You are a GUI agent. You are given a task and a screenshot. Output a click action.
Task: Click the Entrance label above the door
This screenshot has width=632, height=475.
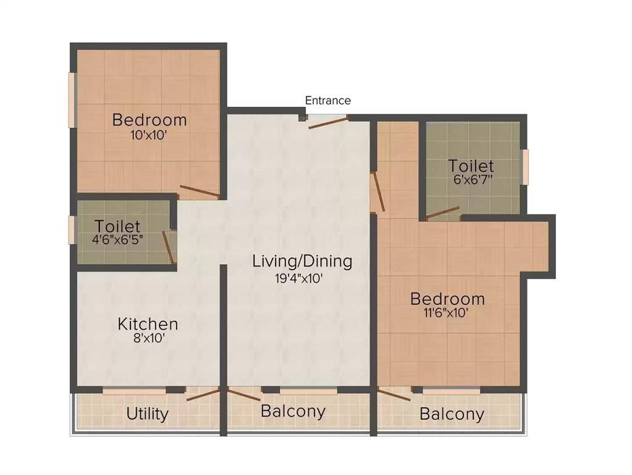(327, 100)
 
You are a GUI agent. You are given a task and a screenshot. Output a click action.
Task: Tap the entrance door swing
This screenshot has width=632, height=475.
(328, 121)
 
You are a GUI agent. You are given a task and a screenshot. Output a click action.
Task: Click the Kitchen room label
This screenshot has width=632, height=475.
(148, 323)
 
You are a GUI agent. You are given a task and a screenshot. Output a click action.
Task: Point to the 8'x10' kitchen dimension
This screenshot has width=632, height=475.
(149, 338)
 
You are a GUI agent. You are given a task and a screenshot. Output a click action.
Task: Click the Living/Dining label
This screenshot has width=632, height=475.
(302, 261)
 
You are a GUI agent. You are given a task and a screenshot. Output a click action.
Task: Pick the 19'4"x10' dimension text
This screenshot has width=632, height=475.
(299, 278)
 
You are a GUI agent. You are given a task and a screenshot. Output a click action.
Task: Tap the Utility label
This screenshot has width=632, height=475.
(147, 414)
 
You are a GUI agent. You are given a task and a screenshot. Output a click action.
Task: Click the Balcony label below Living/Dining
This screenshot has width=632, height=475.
(293, 411)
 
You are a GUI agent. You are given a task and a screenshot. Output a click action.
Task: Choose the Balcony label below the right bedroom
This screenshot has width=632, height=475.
(452, 414)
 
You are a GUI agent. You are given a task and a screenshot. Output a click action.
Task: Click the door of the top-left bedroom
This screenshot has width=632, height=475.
(199, 191)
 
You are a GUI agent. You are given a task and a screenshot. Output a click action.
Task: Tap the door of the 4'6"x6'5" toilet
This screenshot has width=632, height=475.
(168, 247)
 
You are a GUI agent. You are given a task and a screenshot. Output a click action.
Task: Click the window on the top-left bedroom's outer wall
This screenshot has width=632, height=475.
(72, 100)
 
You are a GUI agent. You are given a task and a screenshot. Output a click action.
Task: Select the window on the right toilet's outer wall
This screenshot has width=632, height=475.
(525, 166)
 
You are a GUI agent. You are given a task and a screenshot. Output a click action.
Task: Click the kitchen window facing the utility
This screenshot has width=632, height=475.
(134, 391)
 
